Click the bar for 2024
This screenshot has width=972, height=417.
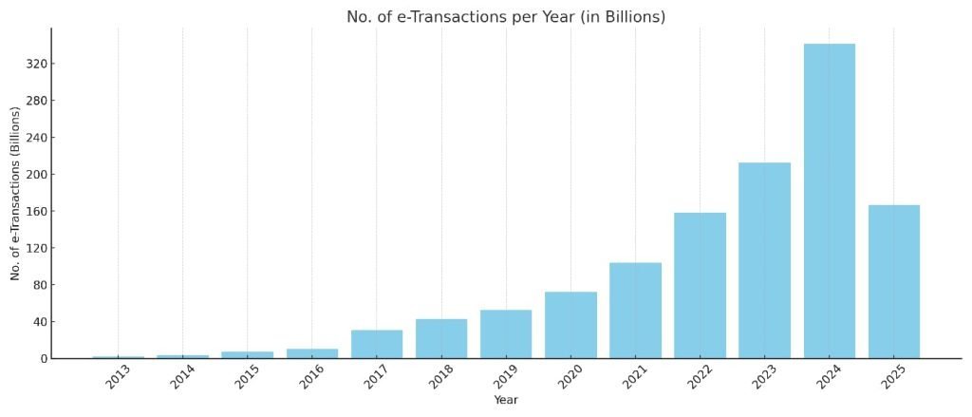pyautogui.click(x=829, y=201)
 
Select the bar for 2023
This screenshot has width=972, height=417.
pyautogui.click(x=764, y=260)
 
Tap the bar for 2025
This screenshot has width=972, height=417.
pyautogui.click(x=893, y=282)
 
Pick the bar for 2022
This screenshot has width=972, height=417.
pyautogui.click(x=700, y=286)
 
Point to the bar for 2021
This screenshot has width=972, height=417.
pyautogui.click(x=635, y=311)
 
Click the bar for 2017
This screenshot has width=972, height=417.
pyautogui.click(x=377, y=344)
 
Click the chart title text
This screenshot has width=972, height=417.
pyautogui.click(x=505, y=17)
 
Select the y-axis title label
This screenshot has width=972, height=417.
pyautogui.click(x=16, y=194)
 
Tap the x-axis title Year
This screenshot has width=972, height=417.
pyautogui.click(x=506, y=401)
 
